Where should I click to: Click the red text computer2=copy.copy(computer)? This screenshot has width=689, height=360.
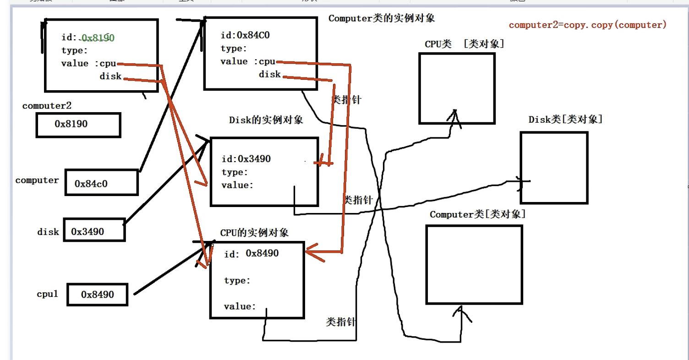[x=587, y=25]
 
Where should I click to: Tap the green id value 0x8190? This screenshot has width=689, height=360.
[x=98, y=38]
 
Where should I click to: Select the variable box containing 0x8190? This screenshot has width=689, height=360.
[x=78, y=125]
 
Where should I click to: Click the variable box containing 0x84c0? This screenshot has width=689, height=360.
[x=101, y=183]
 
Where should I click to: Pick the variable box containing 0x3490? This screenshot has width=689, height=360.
[x=94, y=230]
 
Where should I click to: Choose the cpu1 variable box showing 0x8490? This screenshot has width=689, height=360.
[x=97, y=295]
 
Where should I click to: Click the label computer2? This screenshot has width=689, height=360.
[x=47, y=106]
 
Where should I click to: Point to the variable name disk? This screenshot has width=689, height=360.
[x=48, y=232]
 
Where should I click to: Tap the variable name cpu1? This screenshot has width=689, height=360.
[x=47, y=294]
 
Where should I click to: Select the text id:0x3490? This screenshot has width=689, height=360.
[x=246, y=159]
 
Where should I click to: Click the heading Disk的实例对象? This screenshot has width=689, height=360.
[x=266, y=120]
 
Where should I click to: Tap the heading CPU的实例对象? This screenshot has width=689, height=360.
[x=254, y=233]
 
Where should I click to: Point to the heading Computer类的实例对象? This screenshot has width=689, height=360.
[x=381, y=18]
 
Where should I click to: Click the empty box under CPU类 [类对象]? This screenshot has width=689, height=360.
[x=457, y=88]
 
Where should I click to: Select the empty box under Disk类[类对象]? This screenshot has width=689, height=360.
[x=553, y=168]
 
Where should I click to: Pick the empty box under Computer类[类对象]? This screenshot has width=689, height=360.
[x=474, y=264]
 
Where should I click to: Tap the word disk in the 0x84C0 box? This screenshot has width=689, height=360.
[x=269, y=74]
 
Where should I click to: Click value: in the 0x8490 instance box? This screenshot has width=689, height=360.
[x=240, y=306]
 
